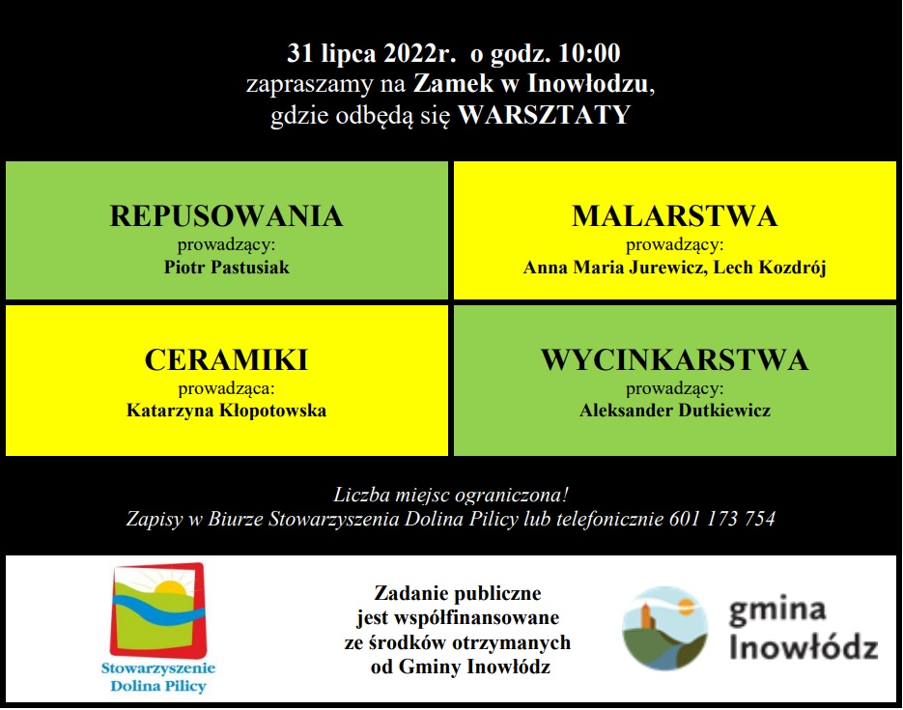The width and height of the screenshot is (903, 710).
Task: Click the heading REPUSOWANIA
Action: (x=226, y=216)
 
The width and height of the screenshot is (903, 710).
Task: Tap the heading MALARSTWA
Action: (x=674, y=216)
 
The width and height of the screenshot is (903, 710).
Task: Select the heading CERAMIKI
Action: (x=226, y=360)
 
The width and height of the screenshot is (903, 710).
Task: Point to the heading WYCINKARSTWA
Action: (x=674, y=360)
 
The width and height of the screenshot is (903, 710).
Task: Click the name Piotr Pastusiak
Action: (x=226, y=268)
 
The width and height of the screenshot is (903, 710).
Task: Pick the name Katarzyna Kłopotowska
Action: (x=226, y=411)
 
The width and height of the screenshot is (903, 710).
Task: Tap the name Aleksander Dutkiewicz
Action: (x=674, y=411)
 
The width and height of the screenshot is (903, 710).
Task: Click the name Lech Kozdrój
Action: (x=770, y=268)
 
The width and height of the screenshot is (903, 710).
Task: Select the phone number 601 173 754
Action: (x=722, y=519)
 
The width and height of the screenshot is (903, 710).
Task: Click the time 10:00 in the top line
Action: (x=589, y=53)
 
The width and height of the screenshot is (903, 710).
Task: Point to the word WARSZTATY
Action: (x=544, y=115)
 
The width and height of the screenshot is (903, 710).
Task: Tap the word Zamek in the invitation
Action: (x=453, y=84)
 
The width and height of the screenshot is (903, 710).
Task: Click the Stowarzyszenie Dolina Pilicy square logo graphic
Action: (x=158, y=611)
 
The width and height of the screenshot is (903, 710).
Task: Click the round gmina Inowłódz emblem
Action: (x=665, y=628)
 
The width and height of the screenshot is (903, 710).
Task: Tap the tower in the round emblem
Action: (x=648, y=615)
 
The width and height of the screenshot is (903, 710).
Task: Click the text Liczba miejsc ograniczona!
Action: (x=451, y=496)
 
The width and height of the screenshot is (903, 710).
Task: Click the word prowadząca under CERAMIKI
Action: (x=225, y=388)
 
